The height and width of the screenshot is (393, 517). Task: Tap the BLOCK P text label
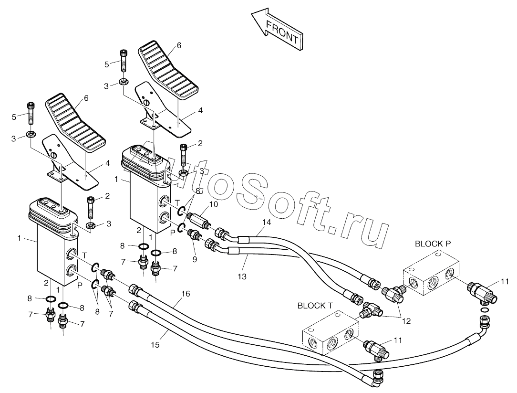pos(433,244)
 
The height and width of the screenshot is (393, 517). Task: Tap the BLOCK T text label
pos(315,306)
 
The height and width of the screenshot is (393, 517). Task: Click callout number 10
pos(213,204)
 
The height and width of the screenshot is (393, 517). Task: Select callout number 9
pos(195,259)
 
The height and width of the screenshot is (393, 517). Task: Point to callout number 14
pos(267,222)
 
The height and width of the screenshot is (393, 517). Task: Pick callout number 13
pos(242,276)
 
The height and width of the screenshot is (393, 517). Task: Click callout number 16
pos(186,294)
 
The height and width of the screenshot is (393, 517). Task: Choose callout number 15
pos(155,345)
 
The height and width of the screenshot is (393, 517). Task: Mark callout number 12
pos(406,321)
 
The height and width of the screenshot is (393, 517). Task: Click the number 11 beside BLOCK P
pos(505,282)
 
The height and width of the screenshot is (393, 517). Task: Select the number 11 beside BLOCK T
pos(398,340)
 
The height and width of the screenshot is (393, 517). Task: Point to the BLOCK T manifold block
pos(331,334)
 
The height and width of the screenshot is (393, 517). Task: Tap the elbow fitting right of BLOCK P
pos(480,292)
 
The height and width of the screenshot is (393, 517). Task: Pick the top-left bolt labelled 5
pos(30,113)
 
